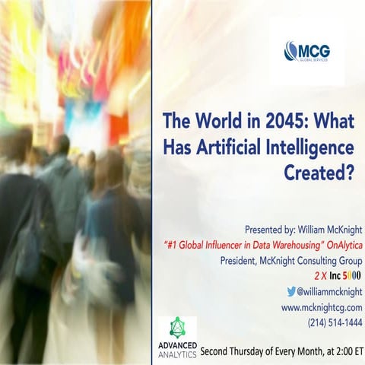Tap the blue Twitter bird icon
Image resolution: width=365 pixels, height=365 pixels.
(x=291, y=291)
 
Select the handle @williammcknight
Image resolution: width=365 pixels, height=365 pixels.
(x=329, y=291)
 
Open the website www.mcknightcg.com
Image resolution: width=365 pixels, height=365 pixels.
(x=322, y=307)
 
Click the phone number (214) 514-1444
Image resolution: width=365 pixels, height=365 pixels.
(x=335, y=322)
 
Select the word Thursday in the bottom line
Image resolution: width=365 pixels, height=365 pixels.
(x=249, y=352)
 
